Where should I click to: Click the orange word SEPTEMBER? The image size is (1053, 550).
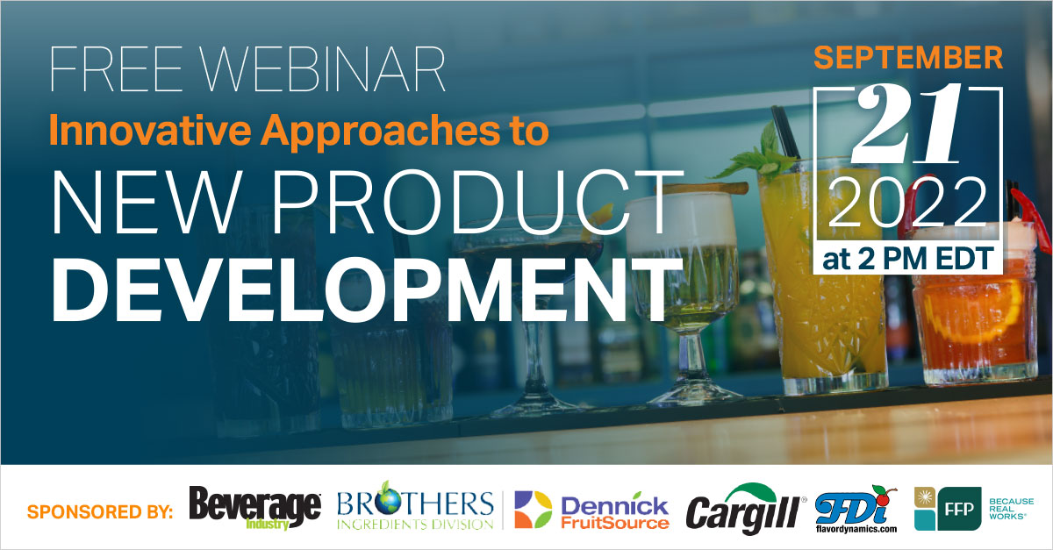pos(909,58)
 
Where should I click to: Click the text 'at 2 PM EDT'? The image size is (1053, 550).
pos(909,258)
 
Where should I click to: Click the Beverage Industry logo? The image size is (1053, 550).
pos(254,508)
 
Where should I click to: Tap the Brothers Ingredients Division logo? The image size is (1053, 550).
pos(414,510)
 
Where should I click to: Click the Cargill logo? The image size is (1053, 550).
pos(747,508)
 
